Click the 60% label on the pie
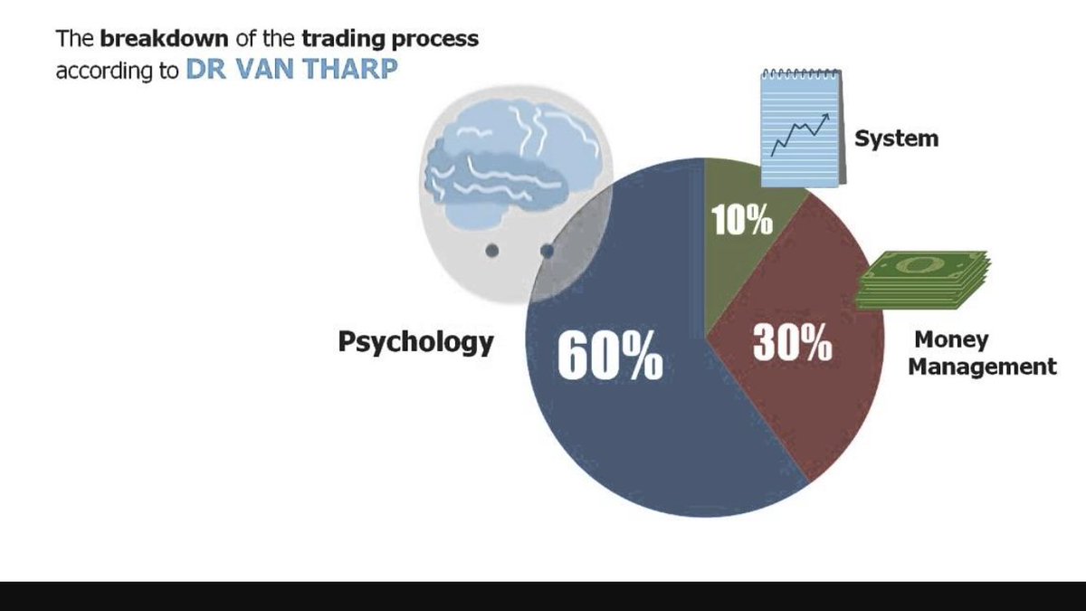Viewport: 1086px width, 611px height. [609, 357]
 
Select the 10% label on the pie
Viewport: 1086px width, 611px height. [741, 222]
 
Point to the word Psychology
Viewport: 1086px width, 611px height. [415, 342]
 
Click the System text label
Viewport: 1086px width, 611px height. [896, 138]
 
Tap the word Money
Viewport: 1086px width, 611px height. [951, 340]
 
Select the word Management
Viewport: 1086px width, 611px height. [982, 367]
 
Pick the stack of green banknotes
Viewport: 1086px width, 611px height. [923, 282]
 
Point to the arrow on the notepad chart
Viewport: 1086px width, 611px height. [823, 119]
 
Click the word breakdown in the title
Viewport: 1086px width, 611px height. [165, 40]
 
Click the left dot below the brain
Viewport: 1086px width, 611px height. [491, 250]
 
